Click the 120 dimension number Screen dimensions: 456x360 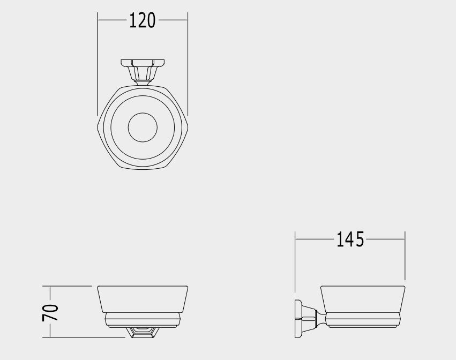click(x=142, y=20)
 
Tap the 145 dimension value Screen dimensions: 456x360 click(x=350, y=239)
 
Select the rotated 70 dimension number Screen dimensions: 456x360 click(x=50, y=313)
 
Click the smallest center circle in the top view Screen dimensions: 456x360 click(x=143, y=127)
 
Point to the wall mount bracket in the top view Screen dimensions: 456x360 click(x=143, y=70)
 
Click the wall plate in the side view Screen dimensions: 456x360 click(x=298, y=319)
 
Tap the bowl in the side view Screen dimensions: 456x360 click(x=363, y=299)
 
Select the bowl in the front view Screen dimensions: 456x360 click(x=143, y=299)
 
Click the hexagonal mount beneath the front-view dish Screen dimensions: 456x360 click(x=143, y=332)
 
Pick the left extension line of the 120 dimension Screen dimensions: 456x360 click(x=98, y=64)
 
